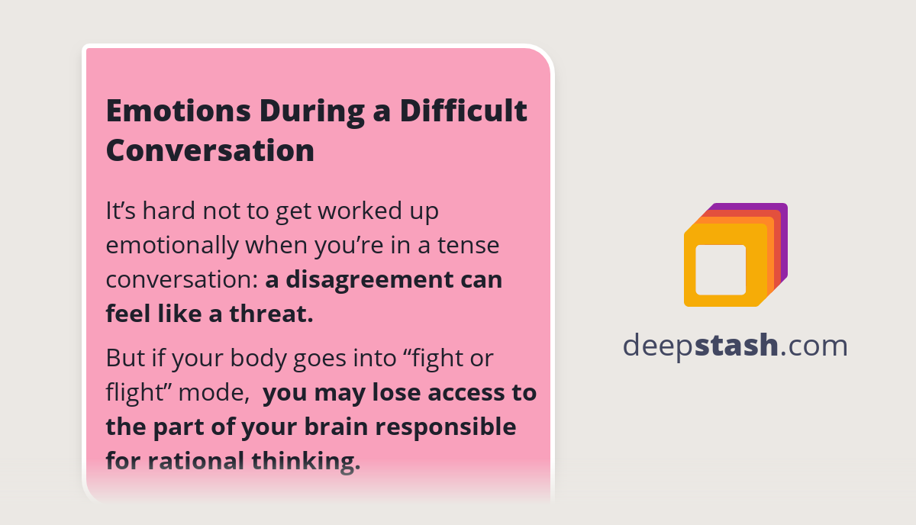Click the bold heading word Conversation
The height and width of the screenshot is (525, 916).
[x=210, y=150]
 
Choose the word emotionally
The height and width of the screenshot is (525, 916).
[x=172, y=246]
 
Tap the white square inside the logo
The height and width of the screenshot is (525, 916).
[x=721, y=269]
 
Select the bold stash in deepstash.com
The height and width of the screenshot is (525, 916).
[x=737, y=346]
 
